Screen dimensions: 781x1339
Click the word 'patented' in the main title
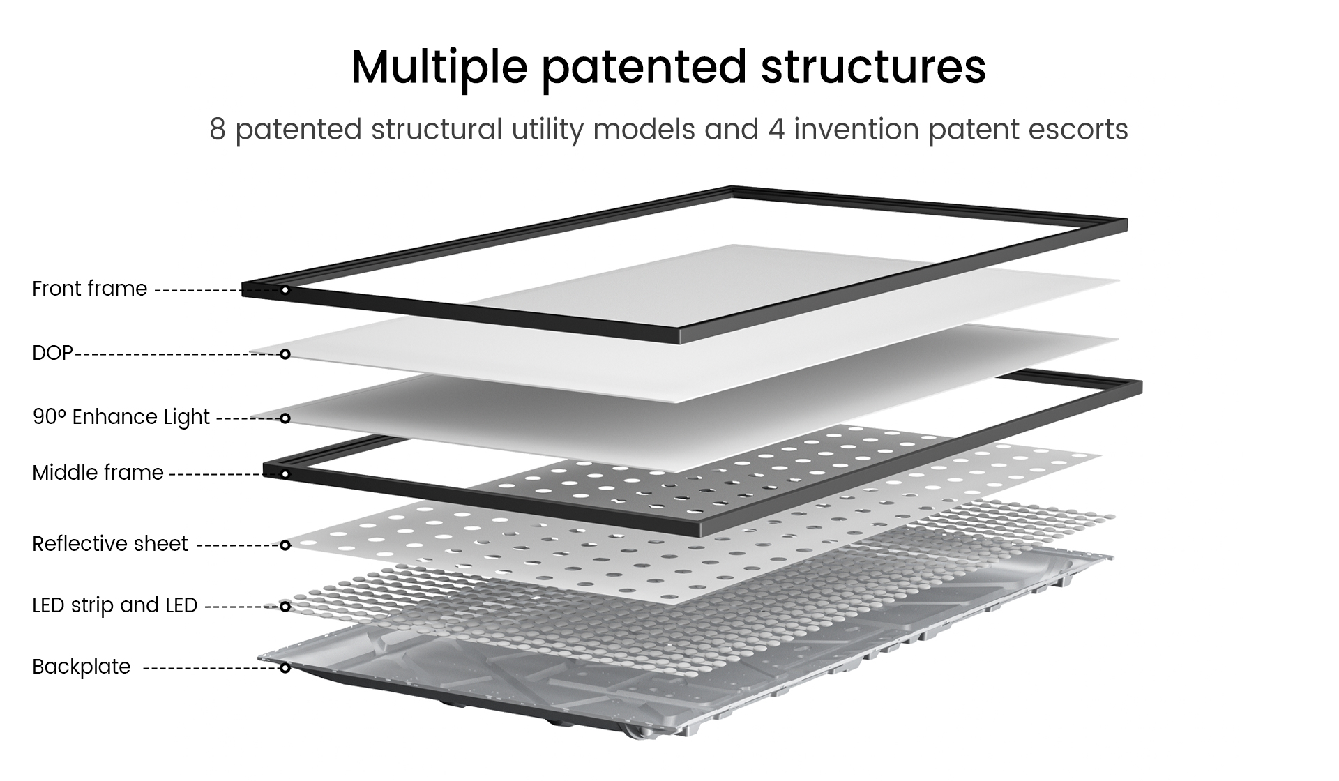click(643, 68)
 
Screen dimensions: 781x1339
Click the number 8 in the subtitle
click(218, 130)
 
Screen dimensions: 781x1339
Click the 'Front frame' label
click(89, 289)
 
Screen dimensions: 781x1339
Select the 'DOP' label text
click(52, 353)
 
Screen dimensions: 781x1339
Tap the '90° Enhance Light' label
click(121, 417)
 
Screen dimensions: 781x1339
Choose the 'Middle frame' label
click(98, 473)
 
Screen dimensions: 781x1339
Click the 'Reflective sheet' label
click(110, 544)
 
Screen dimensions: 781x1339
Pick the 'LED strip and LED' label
click(115, 605)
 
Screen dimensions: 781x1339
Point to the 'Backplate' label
click(82, 667)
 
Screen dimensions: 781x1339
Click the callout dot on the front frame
click(285, 289)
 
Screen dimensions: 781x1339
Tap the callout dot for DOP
click(285, 354)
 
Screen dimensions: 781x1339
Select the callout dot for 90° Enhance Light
click(285, 418)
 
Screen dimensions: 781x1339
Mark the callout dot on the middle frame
click(285, 474)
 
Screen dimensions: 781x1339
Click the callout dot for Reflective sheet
click(285, 545)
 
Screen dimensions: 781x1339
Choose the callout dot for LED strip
click(285, 607)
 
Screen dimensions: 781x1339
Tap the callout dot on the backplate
click(285, 668)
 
